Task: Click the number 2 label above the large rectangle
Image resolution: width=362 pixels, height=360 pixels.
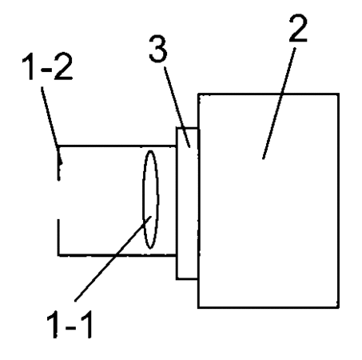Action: pos(298,28)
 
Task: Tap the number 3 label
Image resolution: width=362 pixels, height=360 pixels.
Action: pos(158,49)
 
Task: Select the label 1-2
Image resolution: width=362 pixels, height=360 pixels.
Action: pos(47,66)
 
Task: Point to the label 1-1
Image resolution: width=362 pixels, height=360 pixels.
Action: pos(70,324)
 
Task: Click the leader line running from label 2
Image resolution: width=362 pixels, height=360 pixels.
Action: pos(279,103)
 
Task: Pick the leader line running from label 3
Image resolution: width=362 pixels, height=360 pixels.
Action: pos(177,107)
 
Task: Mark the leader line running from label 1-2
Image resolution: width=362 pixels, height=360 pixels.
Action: pos(52,125)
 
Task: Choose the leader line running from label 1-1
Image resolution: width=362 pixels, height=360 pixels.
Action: pos(113,258)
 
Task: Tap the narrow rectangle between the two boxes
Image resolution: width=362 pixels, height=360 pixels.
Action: pos(187,203)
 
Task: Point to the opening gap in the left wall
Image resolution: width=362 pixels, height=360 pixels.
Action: pos(58,200)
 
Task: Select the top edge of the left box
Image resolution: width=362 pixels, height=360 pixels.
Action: pos(117,146)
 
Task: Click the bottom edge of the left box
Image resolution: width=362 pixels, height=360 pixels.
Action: pos(117,255)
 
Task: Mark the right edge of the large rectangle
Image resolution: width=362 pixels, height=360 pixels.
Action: pos(338,201)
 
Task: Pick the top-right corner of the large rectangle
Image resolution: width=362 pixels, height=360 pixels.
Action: pos(339,94)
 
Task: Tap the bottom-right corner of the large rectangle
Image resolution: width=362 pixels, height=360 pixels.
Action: pos(339,308)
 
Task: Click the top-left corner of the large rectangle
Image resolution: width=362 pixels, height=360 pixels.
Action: pos(198,94)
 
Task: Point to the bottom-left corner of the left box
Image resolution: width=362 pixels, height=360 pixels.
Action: pos(58,255)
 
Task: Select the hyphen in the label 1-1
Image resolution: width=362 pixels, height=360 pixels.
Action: pos(70,326)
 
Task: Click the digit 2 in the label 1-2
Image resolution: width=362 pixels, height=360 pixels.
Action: pos(63,66)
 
